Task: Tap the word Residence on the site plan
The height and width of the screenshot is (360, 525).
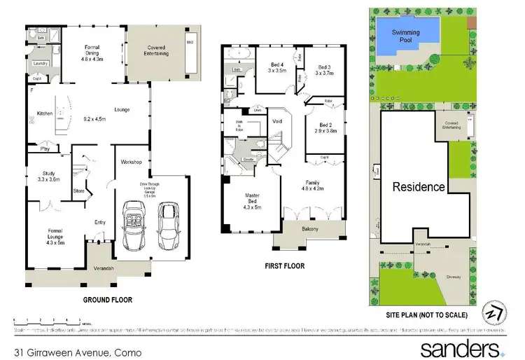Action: coord(419,187)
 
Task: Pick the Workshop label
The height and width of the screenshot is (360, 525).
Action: coord(132,162)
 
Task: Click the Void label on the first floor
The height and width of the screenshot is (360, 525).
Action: coord(276,121)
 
